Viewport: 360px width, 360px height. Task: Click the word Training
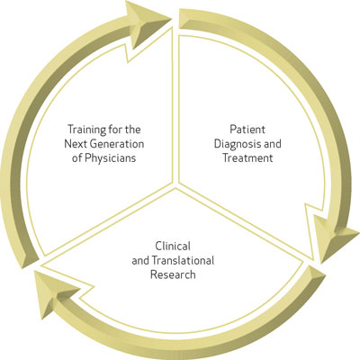(x=87, y=130)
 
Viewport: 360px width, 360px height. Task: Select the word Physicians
(x=110, y=158)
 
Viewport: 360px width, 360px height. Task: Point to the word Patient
(x=247, y=130)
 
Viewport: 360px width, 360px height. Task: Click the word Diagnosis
(x=234, y=144)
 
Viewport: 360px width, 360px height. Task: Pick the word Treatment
(x=247, y=157)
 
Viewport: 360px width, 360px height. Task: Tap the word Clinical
(x=173, y=246)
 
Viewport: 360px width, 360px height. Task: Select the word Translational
(x=183, y=260)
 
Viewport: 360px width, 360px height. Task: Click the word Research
(x=173, y=274)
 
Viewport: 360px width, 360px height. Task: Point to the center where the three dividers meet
(x=175, y=185)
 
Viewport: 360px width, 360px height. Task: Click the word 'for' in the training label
(x=114, y=130)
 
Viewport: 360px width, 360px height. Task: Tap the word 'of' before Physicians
(x=76, y=158)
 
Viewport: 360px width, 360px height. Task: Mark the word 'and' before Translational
(x=140, y=260)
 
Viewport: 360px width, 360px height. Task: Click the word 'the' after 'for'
(x=131, y=130)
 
